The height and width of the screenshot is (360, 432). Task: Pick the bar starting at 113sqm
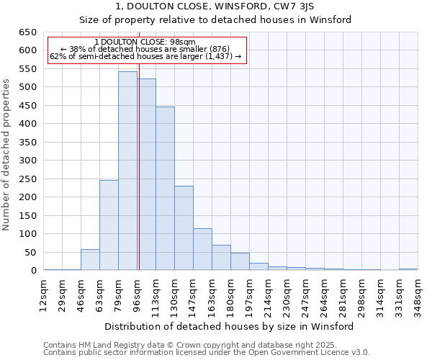165,189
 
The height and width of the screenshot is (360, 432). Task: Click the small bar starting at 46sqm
90,260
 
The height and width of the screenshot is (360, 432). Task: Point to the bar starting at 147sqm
202,249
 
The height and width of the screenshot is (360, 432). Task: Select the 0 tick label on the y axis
33,271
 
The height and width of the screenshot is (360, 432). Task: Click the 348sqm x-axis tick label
418,294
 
